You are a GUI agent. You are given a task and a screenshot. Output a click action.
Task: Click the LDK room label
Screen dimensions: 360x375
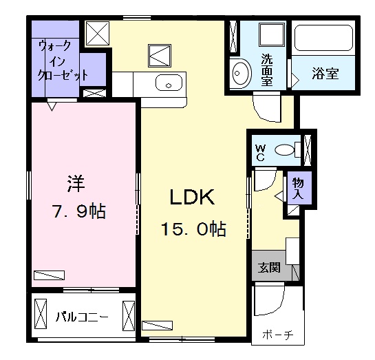click(193, 197)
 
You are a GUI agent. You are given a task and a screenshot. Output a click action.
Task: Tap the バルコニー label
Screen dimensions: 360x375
click(81, 317)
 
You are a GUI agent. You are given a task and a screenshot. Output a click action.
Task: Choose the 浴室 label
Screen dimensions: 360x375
click(325, 74)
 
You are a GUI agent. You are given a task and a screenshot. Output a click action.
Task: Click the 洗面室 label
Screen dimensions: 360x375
click(266, 69)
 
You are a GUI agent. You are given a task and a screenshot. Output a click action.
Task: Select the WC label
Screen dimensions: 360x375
click(261, 151)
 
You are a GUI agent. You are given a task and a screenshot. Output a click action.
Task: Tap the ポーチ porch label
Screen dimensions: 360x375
click(277, 335)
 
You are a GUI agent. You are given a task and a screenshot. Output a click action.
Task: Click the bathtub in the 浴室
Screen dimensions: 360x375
click(324, 40)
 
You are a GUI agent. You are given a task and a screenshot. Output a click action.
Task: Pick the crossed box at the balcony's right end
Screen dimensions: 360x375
click(129, 317)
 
